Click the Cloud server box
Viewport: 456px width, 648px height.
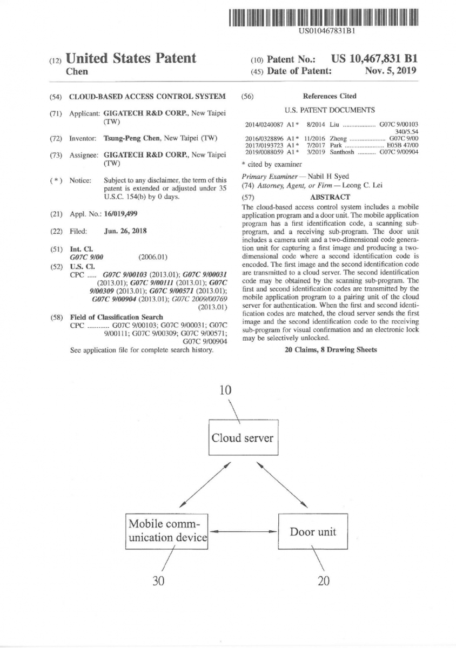[x=243, y=438]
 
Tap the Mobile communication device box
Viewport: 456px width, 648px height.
[x=167, y=531]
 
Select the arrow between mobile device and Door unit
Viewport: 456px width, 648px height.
[x=243, y=531]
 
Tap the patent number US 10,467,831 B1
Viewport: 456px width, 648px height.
[x=374, y=59]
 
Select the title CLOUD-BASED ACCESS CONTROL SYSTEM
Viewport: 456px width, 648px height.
[x=147, y=97]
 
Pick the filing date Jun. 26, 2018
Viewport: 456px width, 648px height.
[x=125, y=231]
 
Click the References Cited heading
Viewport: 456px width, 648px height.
[x=330, y=96]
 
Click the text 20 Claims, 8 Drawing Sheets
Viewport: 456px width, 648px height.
[x=329, y=350]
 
